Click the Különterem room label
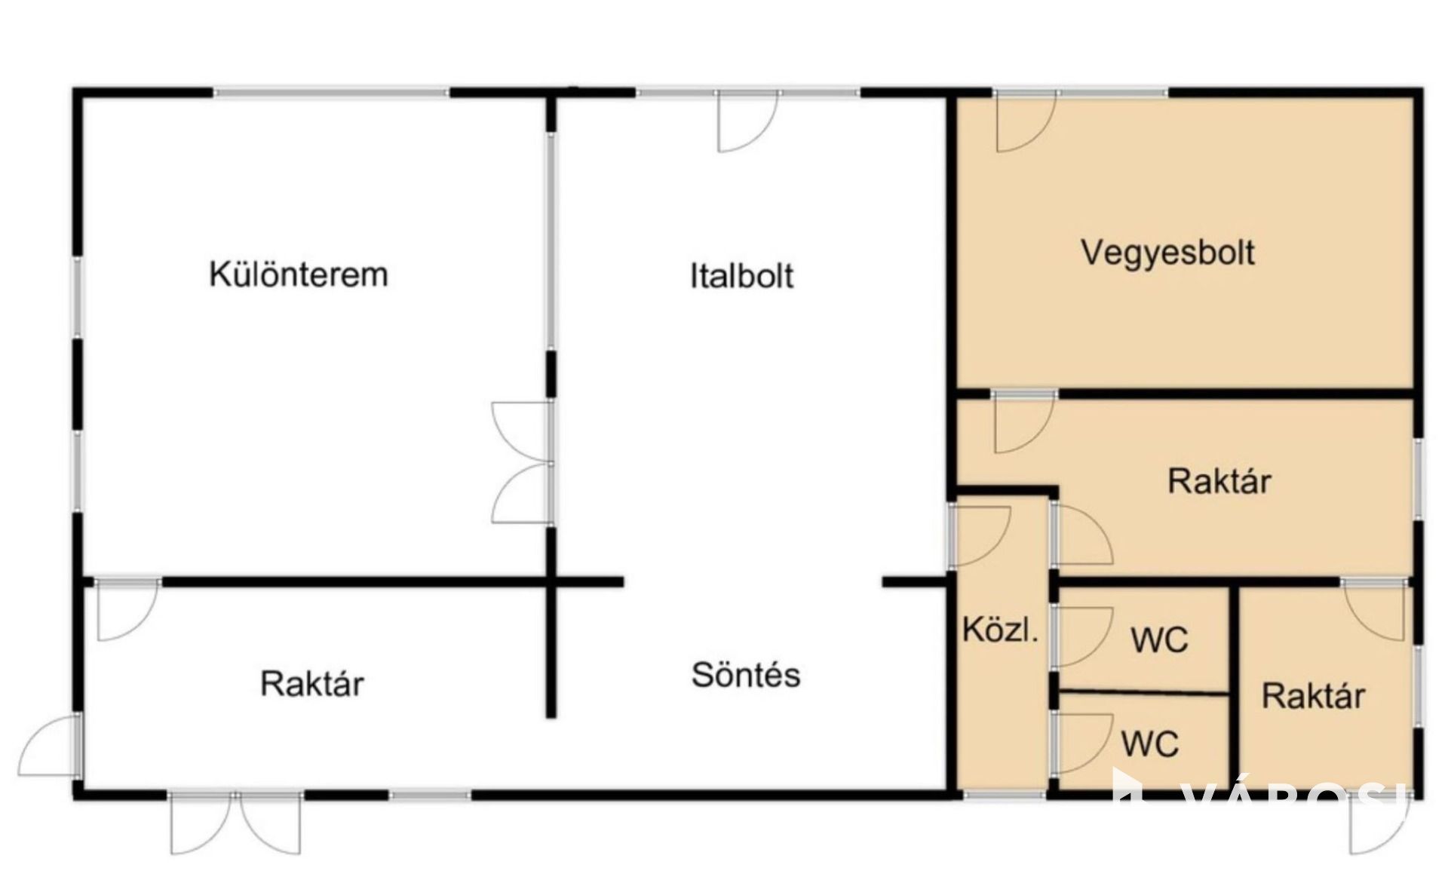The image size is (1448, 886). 299,274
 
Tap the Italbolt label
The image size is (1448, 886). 741,275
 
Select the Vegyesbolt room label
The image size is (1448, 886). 1167,253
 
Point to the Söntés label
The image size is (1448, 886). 746,674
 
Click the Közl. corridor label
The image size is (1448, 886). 1000,629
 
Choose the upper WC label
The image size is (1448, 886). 1159,639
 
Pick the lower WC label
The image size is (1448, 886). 1149,743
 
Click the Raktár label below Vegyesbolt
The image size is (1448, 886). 1219,480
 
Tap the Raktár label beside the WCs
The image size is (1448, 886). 1313,695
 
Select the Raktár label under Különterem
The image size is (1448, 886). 312,683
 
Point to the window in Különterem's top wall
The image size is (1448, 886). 331,93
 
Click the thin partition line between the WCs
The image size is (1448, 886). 1143,692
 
